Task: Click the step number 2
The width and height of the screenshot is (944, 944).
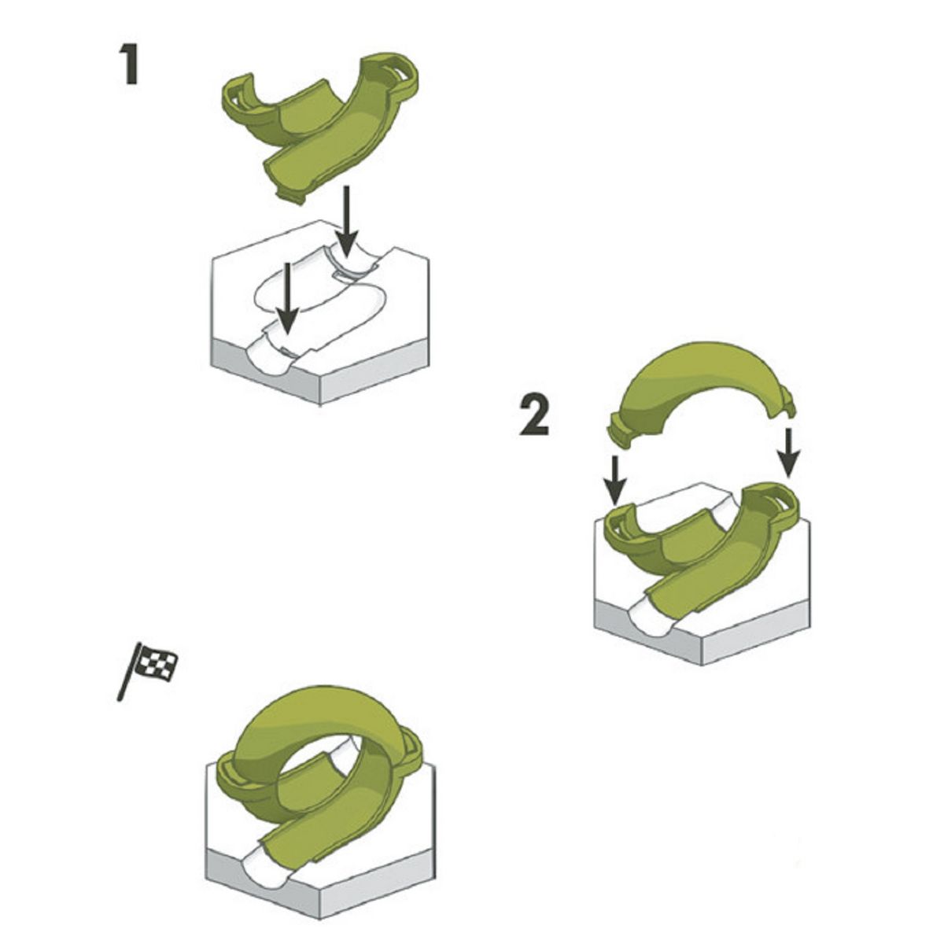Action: click(x=535, y=416)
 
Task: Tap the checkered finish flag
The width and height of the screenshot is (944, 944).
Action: click(x=157, y=662)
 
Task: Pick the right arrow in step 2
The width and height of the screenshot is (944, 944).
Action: click(x=789, y=453)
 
